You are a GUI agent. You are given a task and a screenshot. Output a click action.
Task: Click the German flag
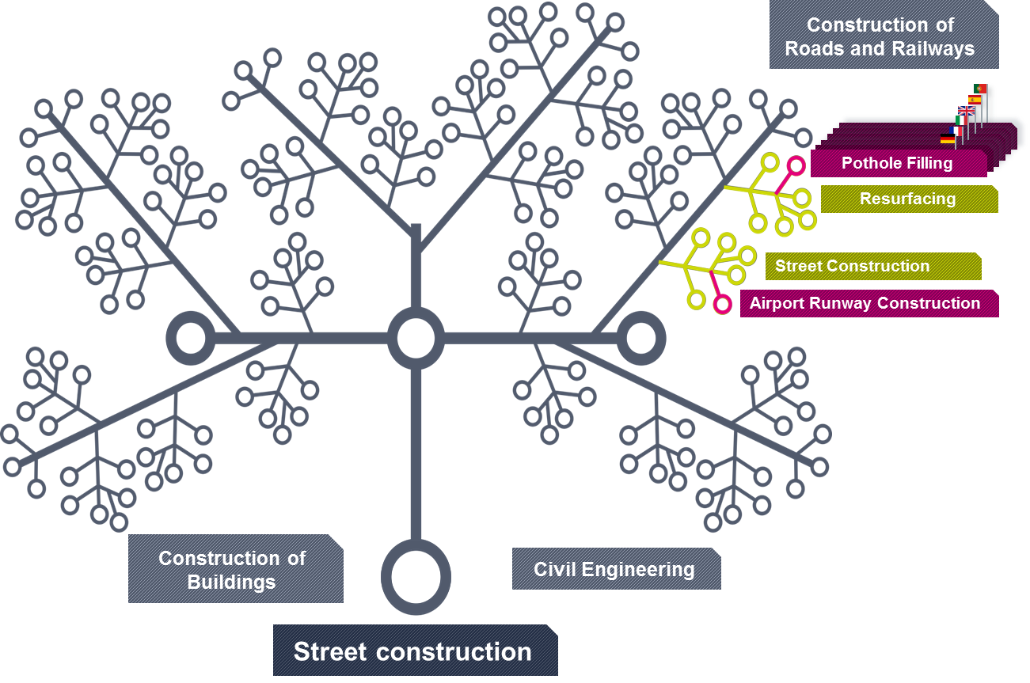point(947,139)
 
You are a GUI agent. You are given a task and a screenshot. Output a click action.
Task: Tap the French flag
point(955,130)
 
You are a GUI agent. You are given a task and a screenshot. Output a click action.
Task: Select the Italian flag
point(960,120)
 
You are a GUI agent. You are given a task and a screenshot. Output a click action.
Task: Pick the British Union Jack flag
point(967,110)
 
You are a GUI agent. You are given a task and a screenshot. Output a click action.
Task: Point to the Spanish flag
point(975,99)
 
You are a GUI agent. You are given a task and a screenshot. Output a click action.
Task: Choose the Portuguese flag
point(980,88)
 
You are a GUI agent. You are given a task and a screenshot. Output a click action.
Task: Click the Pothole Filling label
point(897,164)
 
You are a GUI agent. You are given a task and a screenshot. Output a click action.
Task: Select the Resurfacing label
point(908,199)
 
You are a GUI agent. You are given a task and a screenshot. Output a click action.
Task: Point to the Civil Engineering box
point(615,569)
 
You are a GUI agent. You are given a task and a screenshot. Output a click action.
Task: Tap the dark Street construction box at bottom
point(414,651)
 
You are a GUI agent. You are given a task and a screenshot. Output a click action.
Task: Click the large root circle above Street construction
point(416,577)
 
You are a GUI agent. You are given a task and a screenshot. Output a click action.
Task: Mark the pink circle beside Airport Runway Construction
point(721,304)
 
